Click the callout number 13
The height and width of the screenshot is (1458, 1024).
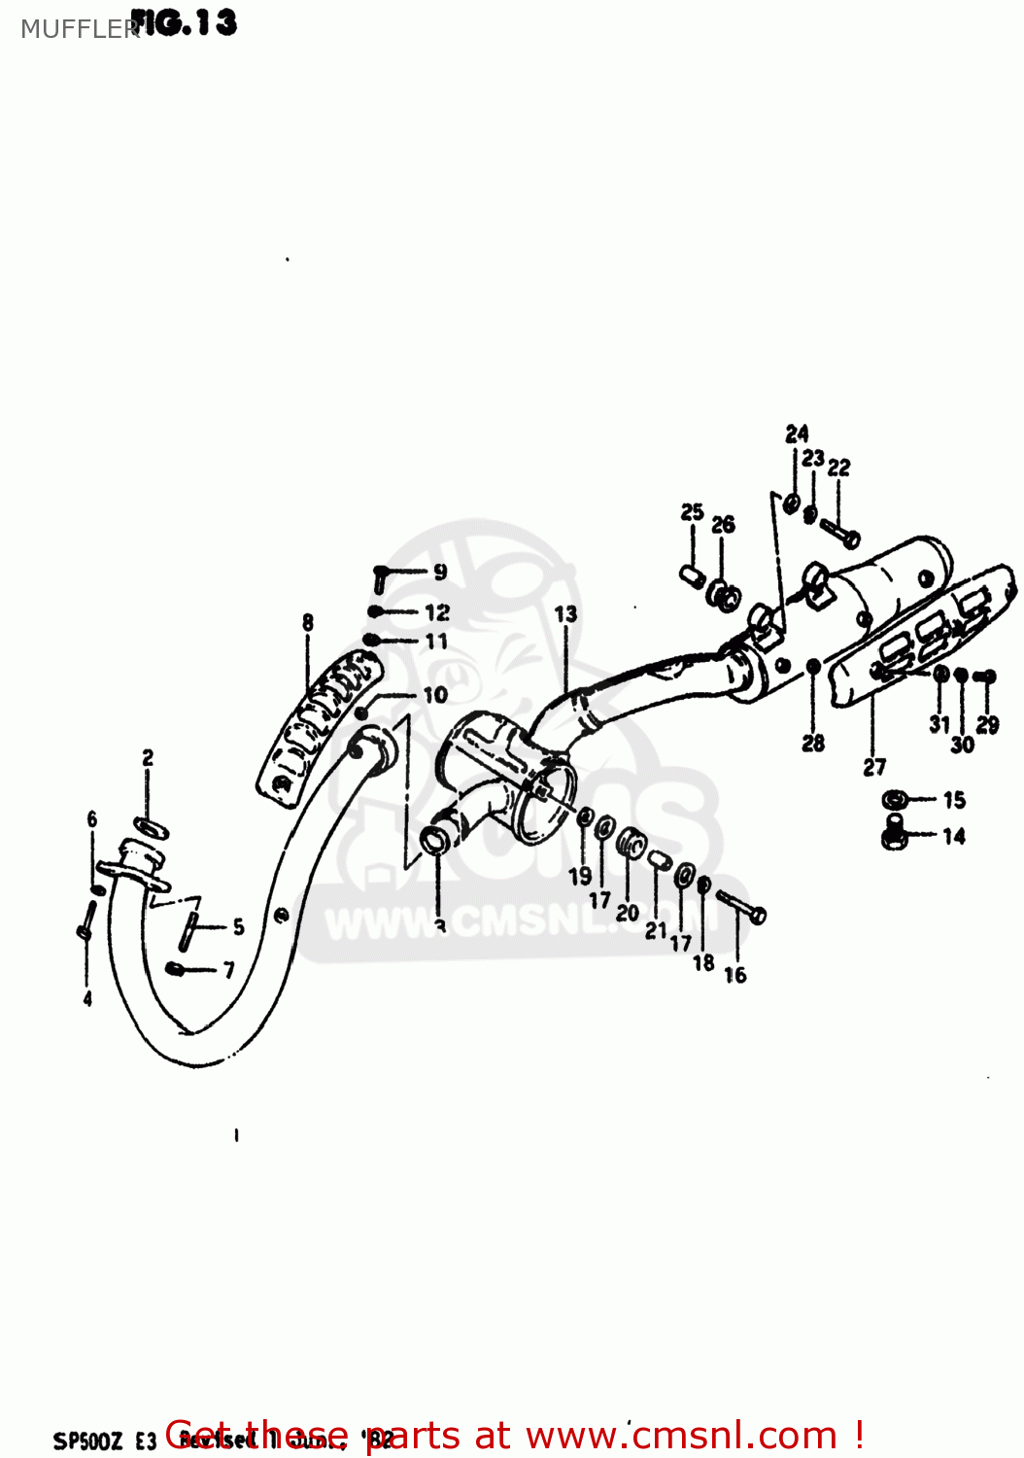pos(565,614)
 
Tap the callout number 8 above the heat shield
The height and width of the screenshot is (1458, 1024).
pos(308,622)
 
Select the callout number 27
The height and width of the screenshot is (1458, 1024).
pos(874,767)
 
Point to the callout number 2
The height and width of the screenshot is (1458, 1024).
pos(148,758)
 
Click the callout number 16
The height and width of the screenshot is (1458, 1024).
pos(735,975)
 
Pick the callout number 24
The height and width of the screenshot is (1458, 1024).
pos(797,434)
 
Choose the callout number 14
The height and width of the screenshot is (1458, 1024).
pos(954,836)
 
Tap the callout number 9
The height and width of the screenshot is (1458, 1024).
pos(440,572)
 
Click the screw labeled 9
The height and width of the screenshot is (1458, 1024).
pos(382,576)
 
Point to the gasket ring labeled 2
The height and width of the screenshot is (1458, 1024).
pos(150,829)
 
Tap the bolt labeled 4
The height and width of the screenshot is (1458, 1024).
pos(85,920)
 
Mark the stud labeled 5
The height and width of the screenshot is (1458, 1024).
pos(188,930)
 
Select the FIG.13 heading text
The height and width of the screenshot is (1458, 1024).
pos(185,22)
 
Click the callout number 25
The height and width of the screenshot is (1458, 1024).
pos(692,512)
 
